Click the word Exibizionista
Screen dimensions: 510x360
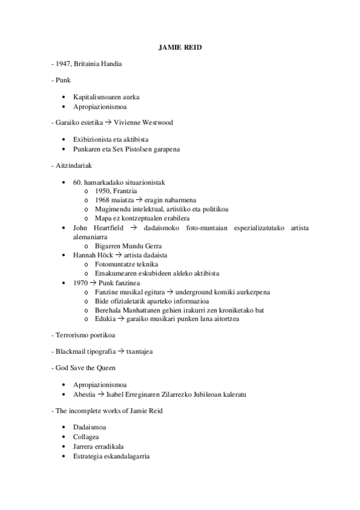[x=93, y=139]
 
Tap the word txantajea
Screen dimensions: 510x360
[x=139, y=351]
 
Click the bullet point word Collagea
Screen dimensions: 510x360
[x=86, y=437]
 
